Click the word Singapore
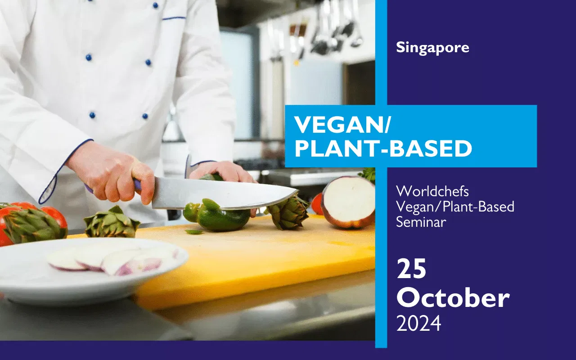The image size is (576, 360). click(x=432, y=48)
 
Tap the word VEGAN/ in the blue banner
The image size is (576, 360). click(x=342, y=125)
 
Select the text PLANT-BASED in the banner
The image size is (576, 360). click(x=383, y=148)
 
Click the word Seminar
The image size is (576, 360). click(x=421, y=222)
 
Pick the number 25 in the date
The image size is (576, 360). click(x=411, y=269)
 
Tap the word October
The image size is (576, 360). click(x=453, y=298)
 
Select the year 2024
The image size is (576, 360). click(x=418, y=324)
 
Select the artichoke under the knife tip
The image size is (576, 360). click(x=288, y=211)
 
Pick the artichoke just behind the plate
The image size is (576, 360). click(x=111, y=223)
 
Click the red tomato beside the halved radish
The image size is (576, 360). click(x=317, y=204)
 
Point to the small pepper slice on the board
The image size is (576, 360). click(x=194, y=232)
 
